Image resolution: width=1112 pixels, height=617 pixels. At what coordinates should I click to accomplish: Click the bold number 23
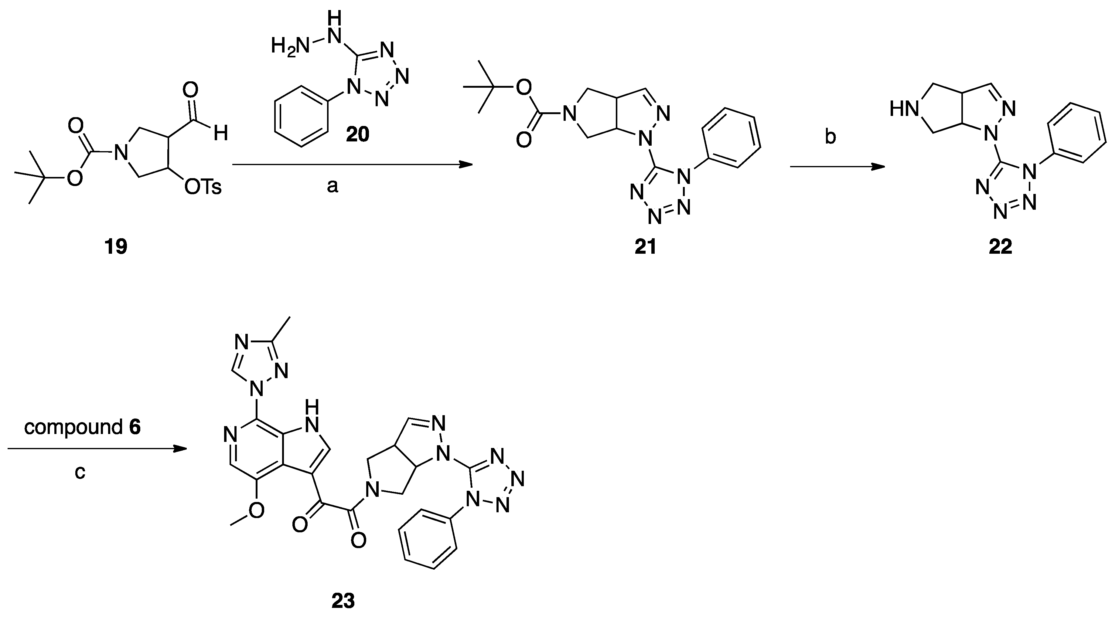tap(343, 601)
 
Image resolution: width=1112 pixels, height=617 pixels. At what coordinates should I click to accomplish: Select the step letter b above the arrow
tap(830, 137)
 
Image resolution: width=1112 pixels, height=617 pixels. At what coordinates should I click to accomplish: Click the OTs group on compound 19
tap(203, 187)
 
